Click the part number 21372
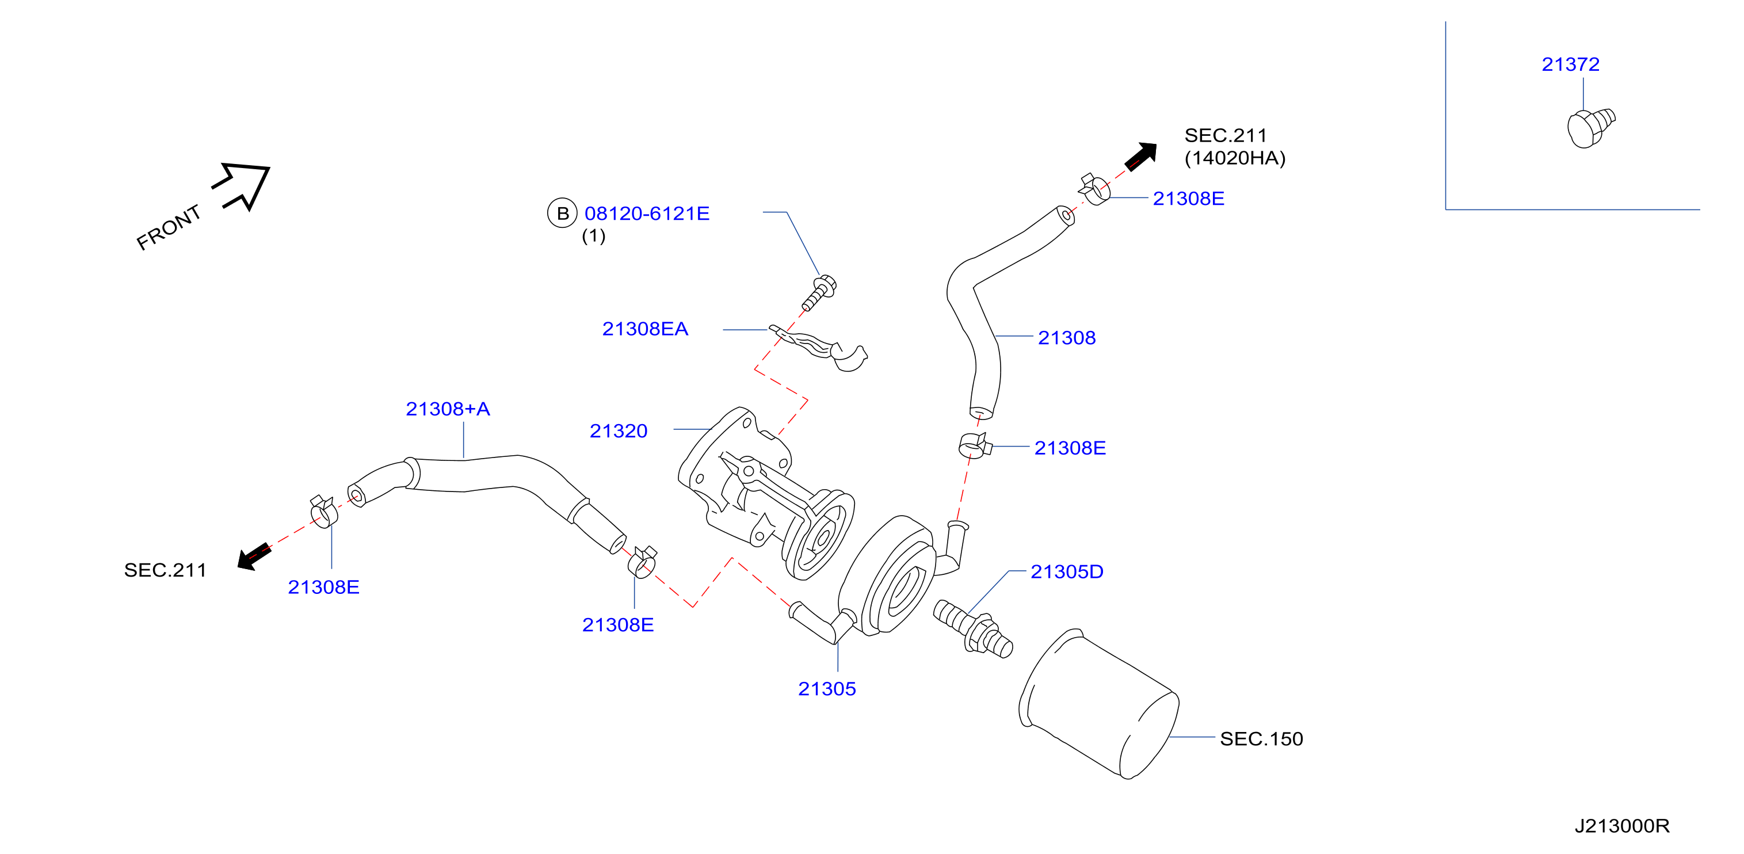tap(1570, 64)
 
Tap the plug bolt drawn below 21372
tap(1590, 127)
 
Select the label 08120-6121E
tap(647, 213)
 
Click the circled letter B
tap(562, 213)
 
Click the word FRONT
tap(169, 227)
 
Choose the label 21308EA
tap(644, 329)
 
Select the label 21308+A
tap(448, 409)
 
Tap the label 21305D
tap(1066, 571)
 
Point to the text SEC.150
tap(1261, 739)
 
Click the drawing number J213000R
tap(1621, 826)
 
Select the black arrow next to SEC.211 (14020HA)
tap(1141, 157)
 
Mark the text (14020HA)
tap(1235, 158)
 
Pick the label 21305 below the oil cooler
tap(827, 689)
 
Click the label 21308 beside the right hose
tap(1066, 338)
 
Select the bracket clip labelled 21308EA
tap(819, 348)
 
